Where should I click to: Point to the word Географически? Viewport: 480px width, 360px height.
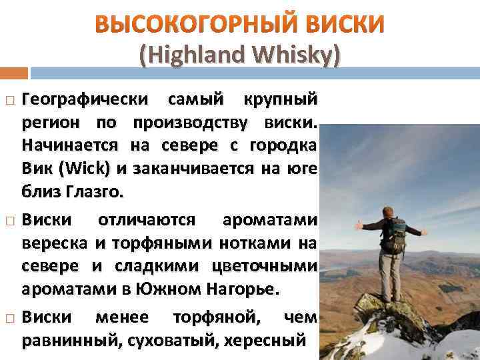85,100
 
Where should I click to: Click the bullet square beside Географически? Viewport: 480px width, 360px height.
10,100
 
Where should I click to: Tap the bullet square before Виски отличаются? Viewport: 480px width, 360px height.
10,220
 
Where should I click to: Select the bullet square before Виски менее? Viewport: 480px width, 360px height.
10,317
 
